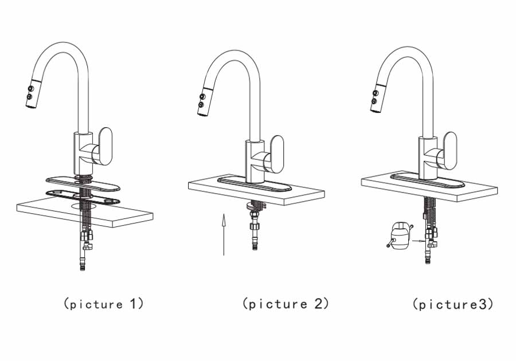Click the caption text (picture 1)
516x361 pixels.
tap(103, 304)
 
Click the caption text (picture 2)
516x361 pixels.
tap(286, 304)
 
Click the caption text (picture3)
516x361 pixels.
tap(453, 304)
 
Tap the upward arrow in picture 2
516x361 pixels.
tap(224, 234)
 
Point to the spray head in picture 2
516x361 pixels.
tap(204, 101)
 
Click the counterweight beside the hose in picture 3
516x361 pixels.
tap(400, 236)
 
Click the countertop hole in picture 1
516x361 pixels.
tap(84, 206)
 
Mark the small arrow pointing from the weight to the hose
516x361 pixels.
tap(418, 241)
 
